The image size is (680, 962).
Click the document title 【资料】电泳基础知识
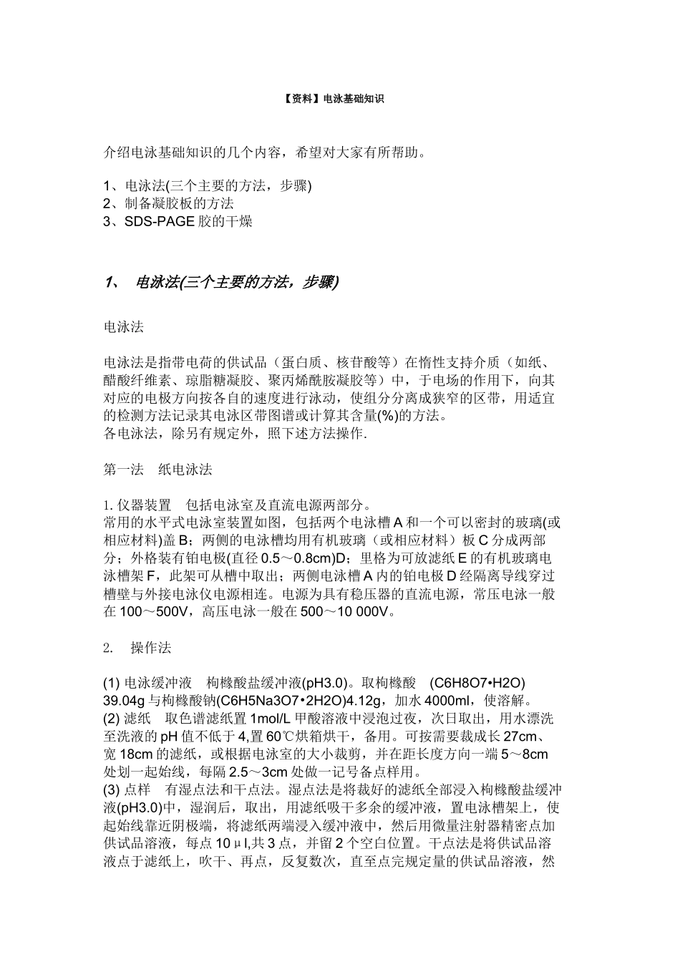339,99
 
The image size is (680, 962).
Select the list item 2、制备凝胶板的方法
169,203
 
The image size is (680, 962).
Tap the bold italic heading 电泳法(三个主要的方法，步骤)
237,282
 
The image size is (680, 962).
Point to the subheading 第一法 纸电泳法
158,470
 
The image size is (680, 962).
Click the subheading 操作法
151,648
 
